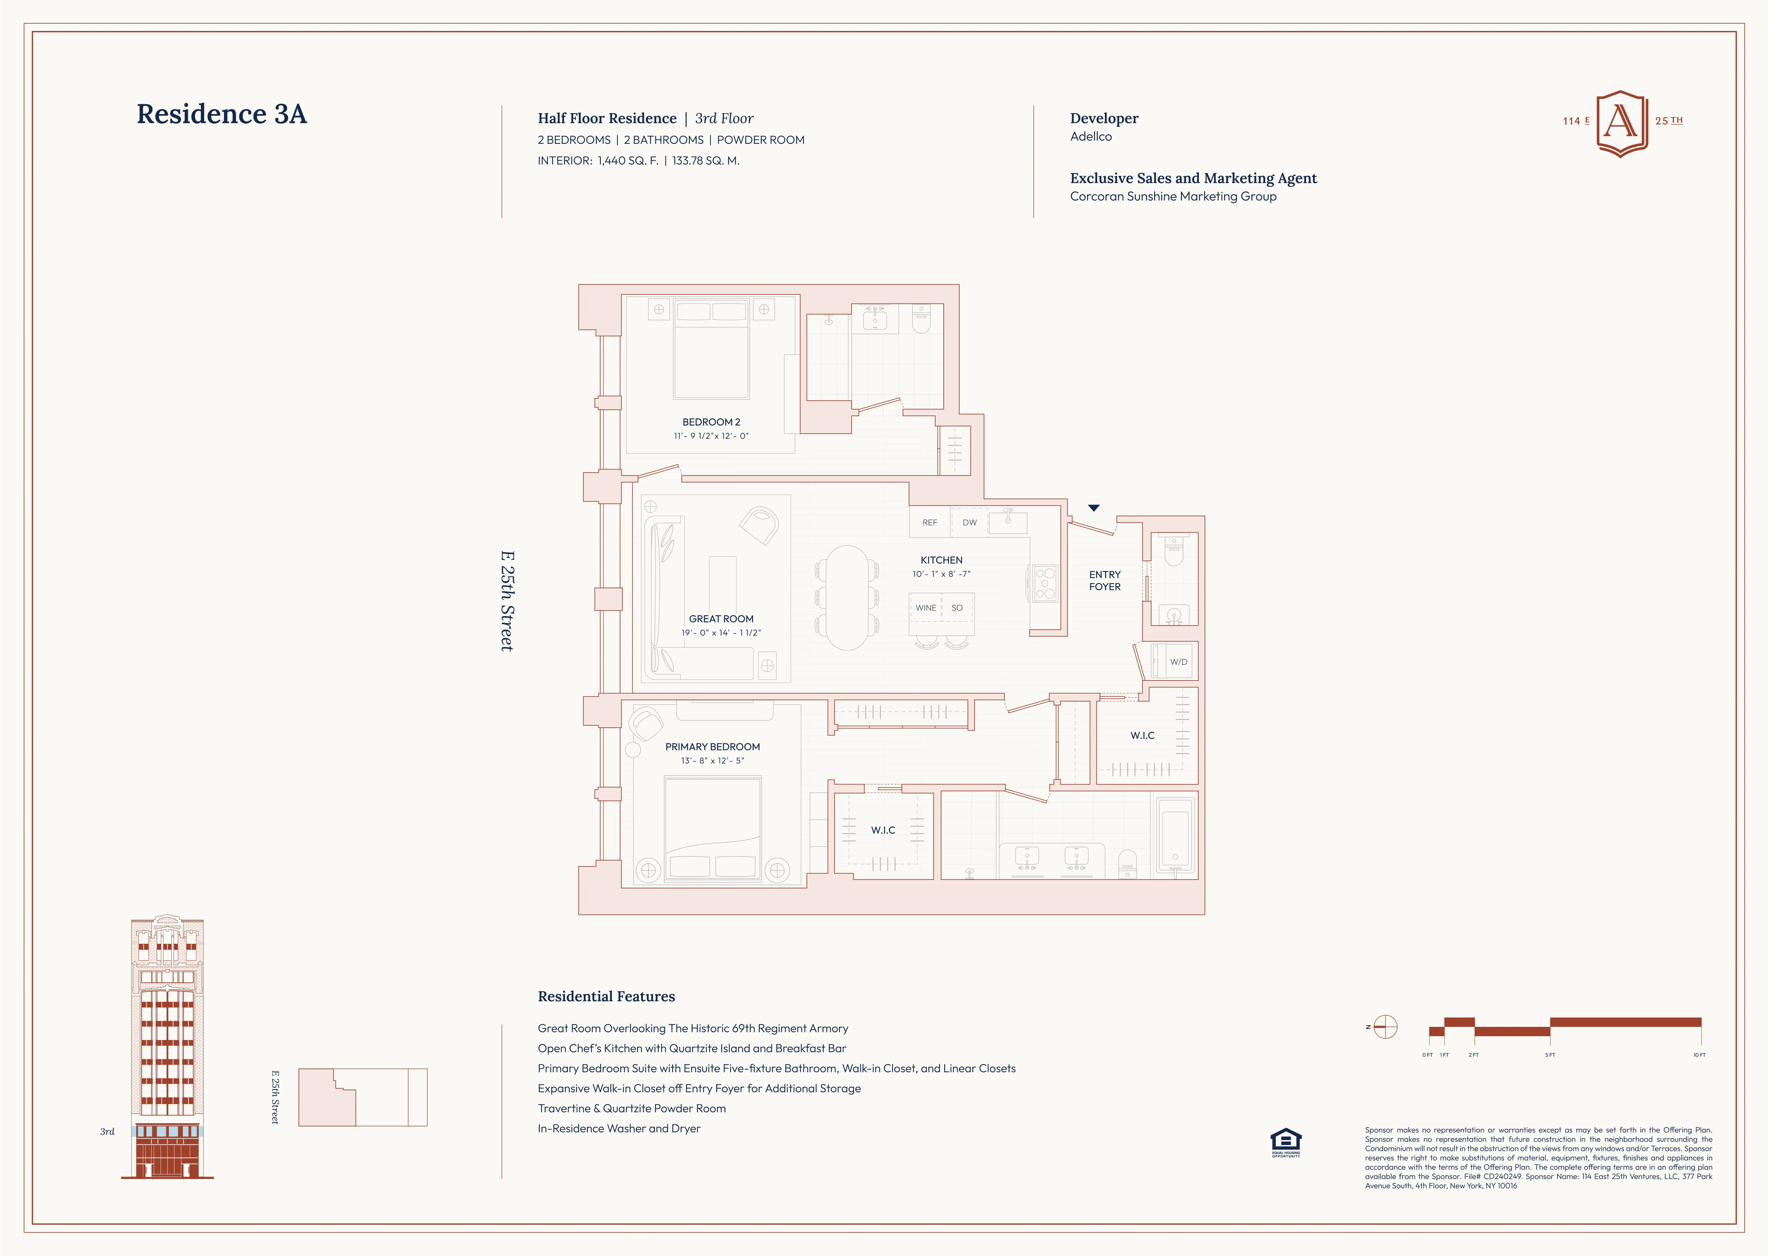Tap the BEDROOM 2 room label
pos(711,422)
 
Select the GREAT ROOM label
pos(721,619)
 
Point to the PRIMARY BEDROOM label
pos(712,747)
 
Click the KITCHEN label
pos(941,560)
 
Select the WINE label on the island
pos(926,608)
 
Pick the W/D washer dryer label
pos(1178,662)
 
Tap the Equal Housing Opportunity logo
pos(1285,1142)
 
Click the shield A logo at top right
pos(1622,122)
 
